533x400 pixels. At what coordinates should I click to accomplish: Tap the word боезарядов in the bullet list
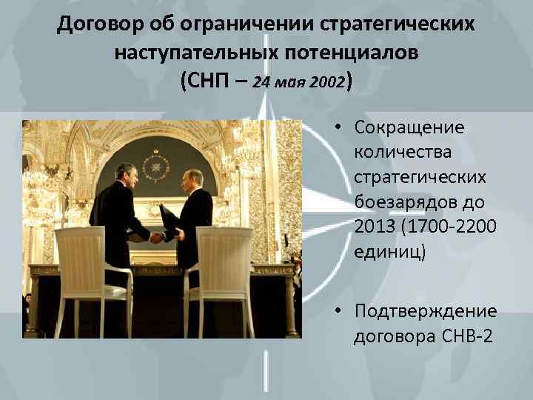click(x=412, y=200)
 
